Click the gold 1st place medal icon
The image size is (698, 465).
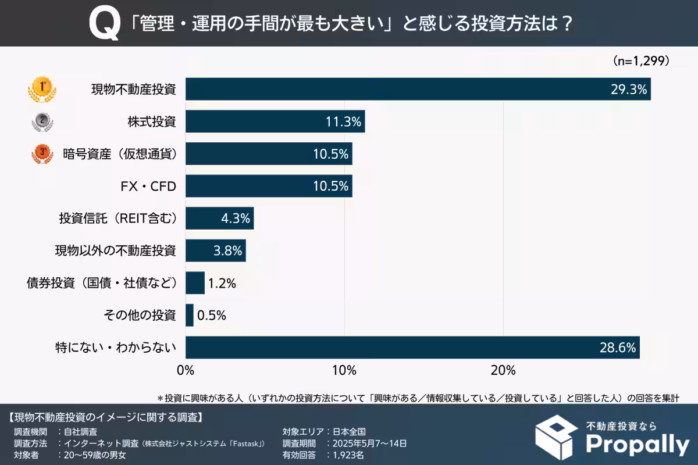42,90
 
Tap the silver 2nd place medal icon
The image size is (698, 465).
42,122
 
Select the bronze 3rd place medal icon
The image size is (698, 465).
42,154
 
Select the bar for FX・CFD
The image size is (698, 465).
268,186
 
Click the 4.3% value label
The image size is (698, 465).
236,219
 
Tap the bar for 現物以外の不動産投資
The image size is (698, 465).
215,251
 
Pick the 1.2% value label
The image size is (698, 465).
221,284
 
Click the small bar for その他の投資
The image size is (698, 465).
190,316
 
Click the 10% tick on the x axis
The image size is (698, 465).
344,370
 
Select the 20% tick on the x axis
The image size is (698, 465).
503,370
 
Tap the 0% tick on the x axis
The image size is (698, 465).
186,370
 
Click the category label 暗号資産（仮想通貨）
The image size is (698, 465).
119,154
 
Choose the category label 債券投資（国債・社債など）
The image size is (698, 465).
102,284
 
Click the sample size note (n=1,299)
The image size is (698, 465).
640,60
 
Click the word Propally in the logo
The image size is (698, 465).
636,445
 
